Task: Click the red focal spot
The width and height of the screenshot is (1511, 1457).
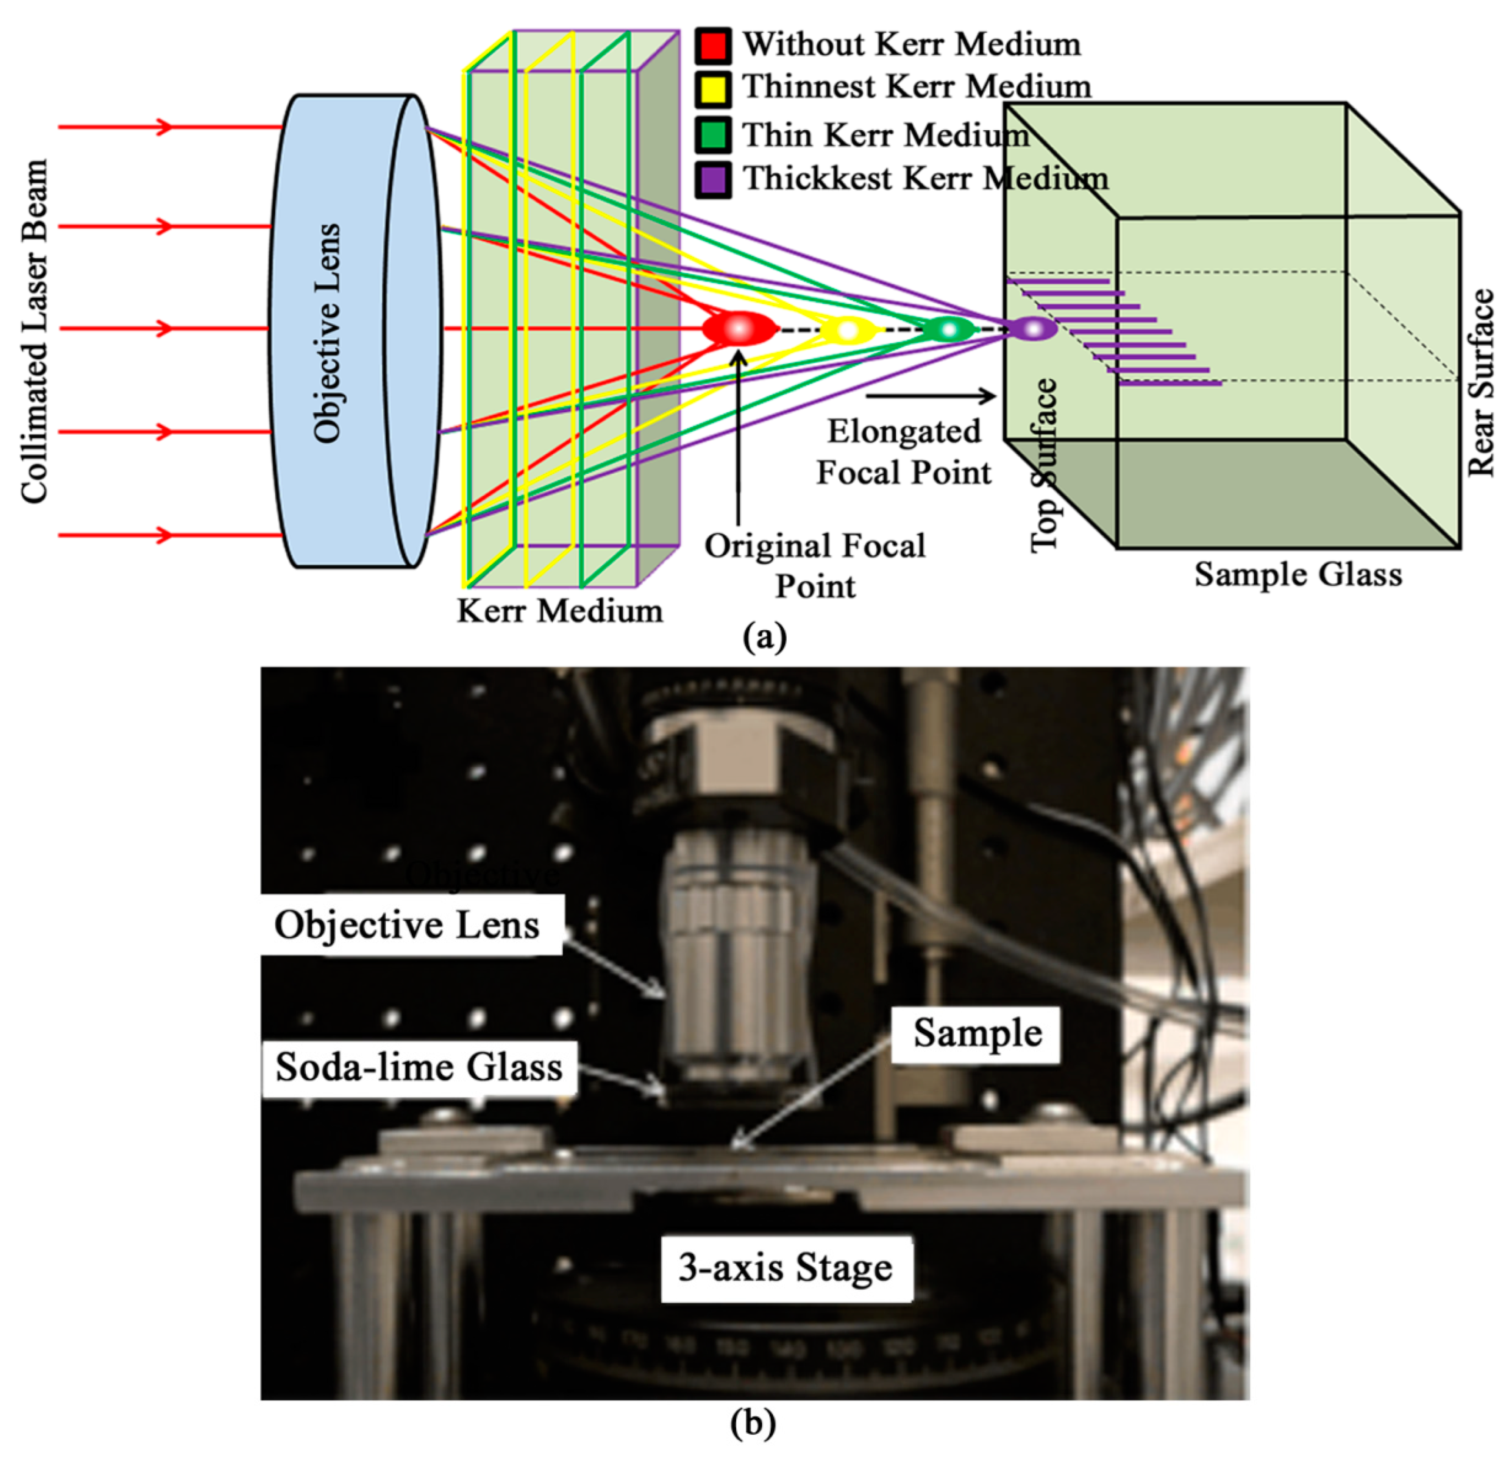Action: (x=739, y=329)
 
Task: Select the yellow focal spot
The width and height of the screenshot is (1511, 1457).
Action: (x=848, y=330)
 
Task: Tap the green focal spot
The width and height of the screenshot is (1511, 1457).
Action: (x=948, y=329)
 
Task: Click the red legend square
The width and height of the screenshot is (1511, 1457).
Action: (x=713, y=45)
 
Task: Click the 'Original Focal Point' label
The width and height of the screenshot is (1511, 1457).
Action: (x=815, y=565)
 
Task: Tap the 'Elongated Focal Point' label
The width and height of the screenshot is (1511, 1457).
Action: (x=904, y=452)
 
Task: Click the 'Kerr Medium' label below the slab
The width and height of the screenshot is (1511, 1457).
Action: (x=559, y=611)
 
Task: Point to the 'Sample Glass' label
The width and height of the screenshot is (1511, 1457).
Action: (x=1298, y=575)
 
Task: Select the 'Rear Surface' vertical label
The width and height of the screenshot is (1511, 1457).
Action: (x=1480, y=383)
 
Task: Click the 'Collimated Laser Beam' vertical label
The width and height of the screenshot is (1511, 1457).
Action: (x=35, y=332)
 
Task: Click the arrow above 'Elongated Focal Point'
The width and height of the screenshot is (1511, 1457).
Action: (x=930, y=396)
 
